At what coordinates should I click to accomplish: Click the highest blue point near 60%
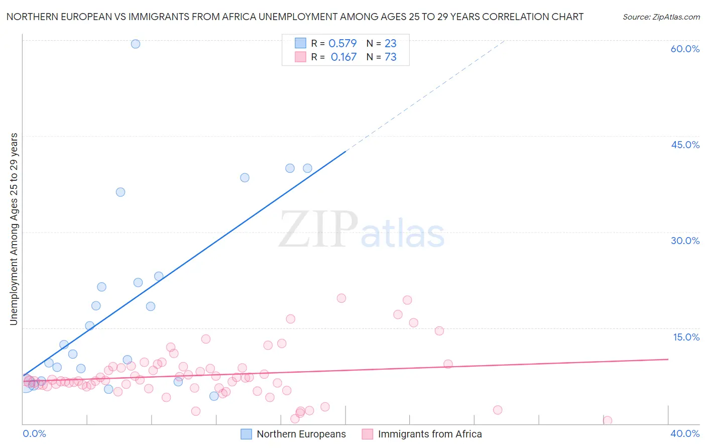(136, 44)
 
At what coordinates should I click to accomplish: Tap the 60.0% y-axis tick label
(685, 49)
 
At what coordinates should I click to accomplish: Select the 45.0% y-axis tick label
(685, 145)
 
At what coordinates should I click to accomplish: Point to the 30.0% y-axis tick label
(685, 241)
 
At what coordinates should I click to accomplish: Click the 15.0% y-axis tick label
(686, 337)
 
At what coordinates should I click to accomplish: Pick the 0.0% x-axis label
(34, 433)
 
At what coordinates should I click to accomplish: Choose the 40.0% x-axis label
(684, 433)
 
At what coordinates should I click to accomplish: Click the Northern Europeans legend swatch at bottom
(246, 434)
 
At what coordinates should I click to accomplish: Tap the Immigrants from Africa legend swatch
(368, 434)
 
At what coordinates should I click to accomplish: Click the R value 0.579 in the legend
(342, 43)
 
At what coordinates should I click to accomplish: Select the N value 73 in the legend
(391, 57)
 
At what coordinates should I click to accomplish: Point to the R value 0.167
(343, 57)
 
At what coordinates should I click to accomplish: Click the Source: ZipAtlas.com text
(661, 17)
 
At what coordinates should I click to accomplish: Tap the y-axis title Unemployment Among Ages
(14, 229)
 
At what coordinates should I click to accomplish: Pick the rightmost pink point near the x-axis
(608, 420)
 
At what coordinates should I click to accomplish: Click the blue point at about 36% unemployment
(121, 192)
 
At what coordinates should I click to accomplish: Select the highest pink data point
(341, 298)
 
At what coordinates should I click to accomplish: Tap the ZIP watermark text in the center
(318, 230)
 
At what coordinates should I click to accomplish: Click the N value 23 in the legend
(391, 43)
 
